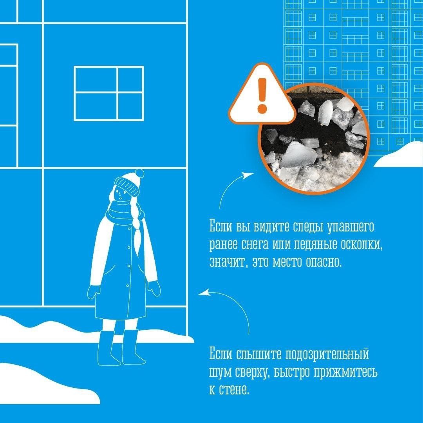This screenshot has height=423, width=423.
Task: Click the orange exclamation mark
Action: [262, 95]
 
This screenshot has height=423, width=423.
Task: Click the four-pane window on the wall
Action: [109, 93]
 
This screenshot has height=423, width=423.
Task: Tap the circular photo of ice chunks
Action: [313, 139]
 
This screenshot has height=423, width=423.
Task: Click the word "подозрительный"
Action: [327, 354]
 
